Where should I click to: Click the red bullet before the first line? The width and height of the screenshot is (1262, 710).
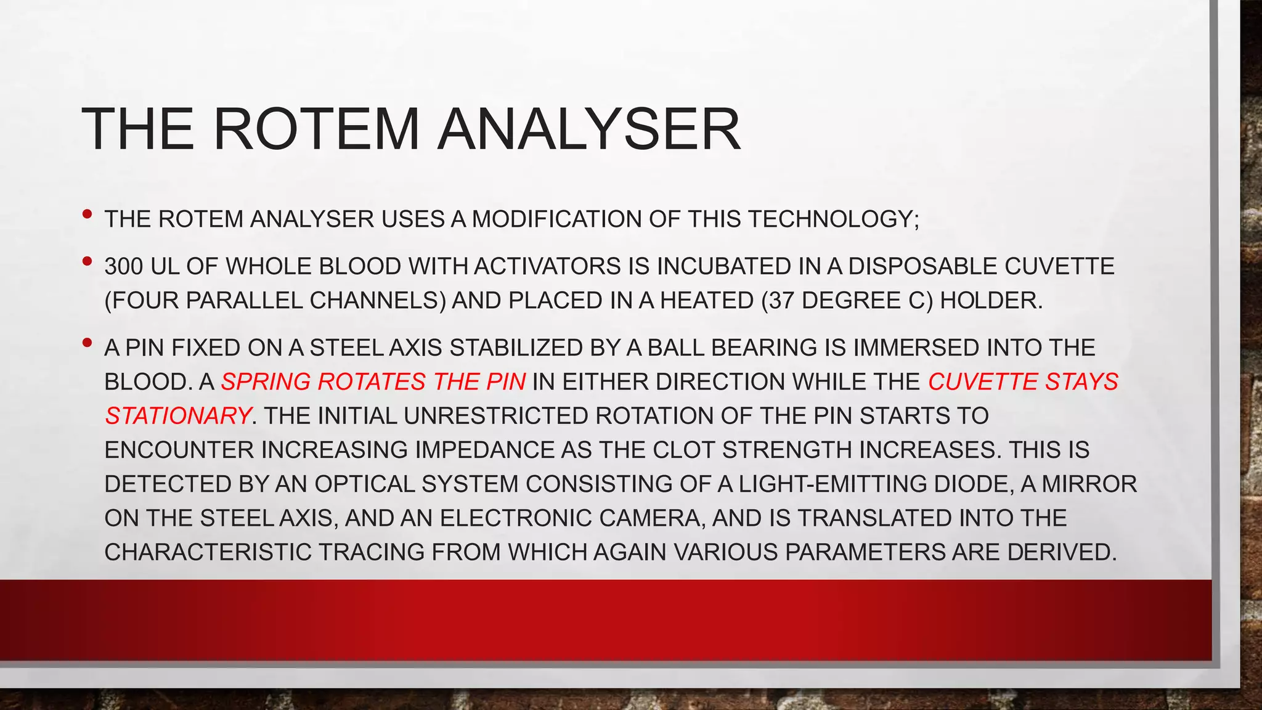click(x=87, y=214)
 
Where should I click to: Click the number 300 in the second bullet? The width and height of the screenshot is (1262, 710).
click(x=124, y=266)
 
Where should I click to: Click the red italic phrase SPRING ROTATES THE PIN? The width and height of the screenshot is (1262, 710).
click(x=373, y=382)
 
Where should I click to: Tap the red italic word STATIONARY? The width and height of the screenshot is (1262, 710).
click(x=177, y=415)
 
